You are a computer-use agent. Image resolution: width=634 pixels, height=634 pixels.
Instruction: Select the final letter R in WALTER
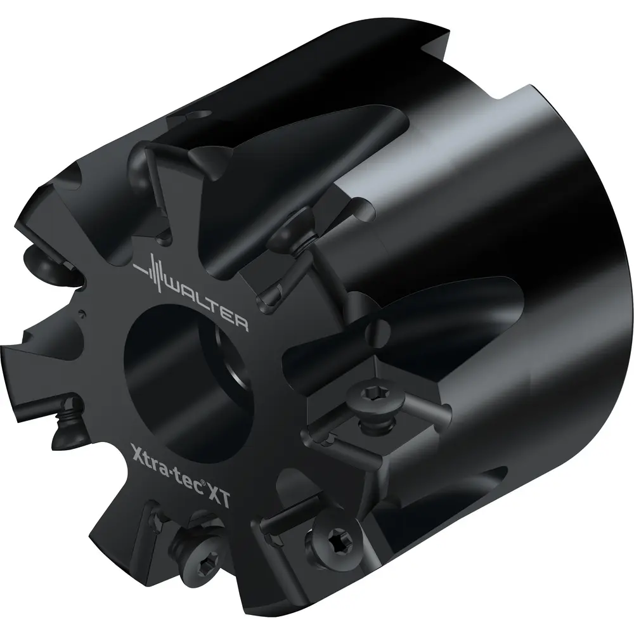(x=240, y=323)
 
